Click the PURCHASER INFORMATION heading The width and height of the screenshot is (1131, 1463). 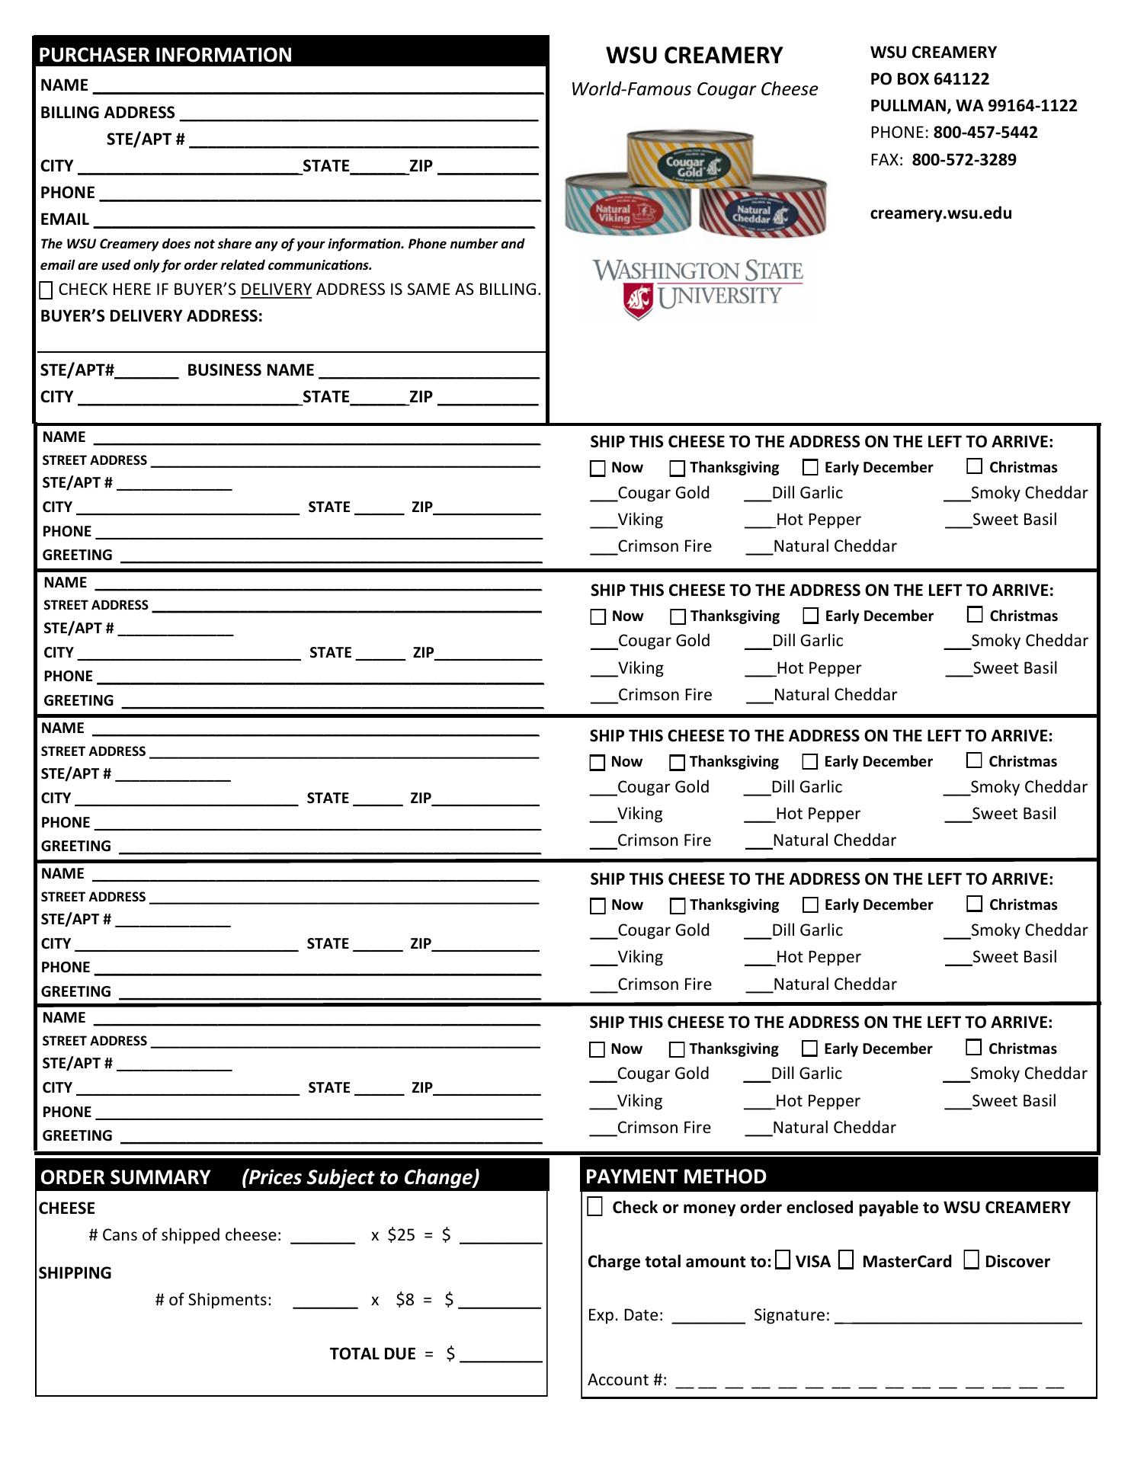coord(165,55)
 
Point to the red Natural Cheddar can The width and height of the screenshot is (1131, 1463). coord(762,210)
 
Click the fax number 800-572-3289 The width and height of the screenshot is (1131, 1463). coord(963,160)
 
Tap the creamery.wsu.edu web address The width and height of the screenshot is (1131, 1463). coord(940,213)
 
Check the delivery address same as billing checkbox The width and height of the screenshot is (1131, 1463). coord(46,290)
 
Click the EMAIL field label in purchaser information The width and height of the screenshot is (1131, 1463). coord(65,219)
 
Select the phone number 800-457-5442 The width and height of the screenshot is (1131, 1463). coord(985,133)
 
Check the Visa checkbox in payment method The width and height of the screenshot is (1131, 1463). coord(783,1260)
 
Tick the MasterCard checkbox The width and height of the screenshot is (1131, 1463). coord(846,1260)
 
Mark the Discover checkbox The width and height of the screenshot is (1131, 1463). coord(971,1260)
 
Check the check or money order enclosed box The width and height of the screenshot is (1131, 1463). coord(595,1207)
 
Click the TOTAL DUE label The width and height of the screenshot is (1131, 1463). coord(373,1354)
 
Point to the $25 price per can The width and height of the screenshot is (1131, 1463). coord(401,1235)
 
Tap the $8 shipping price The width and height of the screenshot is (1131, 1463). coord(405,1300)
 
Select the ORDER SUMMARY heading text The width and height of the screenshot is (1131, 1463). coord(125,1177)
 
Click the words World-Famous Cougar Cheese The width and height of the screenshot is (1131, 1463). coord(694,89)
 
